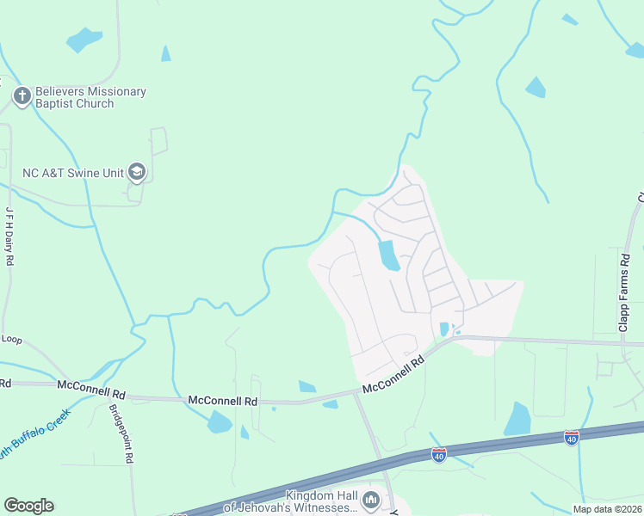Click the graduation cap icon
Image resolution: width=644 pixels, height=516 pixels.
(136, 172)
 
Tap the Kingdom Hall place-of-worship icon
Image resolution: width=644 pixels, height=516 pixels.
(372, 499)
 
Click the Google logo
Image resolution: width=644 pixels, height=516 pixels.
(28, 506)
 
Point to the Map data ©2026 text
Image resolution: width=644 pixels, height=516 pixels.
(608, 509)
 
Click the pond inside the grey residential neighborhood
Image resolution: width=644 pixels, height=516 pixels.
(389, 255)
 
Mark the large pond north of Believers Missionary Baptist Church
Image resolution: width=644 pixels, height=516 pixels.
(84, 40)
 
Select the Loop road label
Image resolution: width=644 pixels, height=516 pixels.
(11, 339)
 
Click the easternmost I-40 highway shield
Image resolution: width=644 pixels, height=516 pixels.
(571, 438)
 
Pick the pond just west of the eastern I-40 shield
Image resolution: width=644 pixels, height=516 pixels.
(518, 419)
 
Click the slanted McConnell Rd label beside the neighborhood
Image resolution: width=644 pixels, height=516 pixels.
(394, 376)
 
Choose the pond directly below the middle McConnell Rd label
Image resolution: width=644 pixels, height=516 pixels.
(219, 421)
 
